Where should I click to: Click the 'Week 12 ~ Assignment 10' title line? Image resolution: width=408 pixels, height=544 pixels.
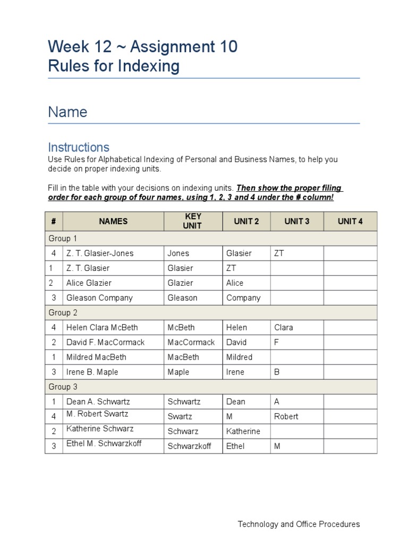[x=142, y=47]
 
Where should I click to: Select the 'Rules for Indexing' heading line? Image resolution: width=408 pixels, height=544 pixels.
[x=114, y=66]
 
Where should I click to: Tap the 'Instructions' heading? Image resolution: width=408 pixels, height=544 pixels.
[x=79, y=147]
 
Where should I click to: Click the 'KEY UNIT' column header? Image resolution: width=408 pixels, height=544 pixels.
[x=192, y=221]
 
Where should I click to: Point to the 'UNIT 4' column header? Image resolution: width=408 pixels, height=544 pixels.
[x=350, y=222]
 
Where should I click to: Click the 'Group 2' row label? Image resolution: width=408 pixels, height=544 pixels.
[x=63, y=313]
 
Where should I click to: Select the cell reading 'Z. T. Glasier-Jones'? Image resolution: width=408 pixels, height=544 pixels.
[x=100, y=253]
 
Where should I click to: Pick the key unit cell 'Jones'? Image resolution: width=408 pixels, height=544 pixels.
[x=178, y=253]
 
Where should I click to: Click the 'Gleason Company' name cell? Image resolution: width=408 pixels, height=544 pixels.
[x=99, y=298]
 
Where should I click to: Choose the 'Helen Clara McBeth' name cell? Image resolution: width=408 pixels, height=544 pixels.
[x=100, y=328]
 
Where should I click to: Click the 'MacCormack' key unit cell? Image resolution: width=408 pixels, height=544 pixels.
[x=191, y=343]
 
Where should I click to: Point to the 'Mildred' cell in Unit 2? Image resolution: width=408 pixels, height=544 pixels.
[x=239, y=358]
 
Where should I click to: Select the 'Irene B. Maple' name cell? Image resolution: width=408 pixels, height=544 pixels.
[x=92, y=372]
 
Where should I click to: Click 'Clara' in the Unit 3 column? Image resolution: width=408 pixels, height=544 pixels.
[x=284, y=328]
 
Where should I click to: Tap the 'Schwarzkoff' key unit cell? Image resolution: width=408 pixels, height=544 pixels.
[x=189, y=446]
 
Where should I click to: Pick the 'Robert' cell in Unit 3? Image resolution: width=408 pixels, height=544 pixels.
[x=286, y=416]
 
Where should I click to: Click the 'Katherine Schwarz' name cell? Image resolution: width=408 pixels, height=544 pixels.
[x=100, y=429]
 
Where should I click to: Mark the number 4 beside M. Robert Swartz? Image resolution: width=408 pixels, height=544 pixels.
[x=54, y=416]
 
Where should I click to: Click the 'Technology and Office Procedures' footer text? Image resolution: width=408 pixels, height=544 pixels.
[x=299, y=524]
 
